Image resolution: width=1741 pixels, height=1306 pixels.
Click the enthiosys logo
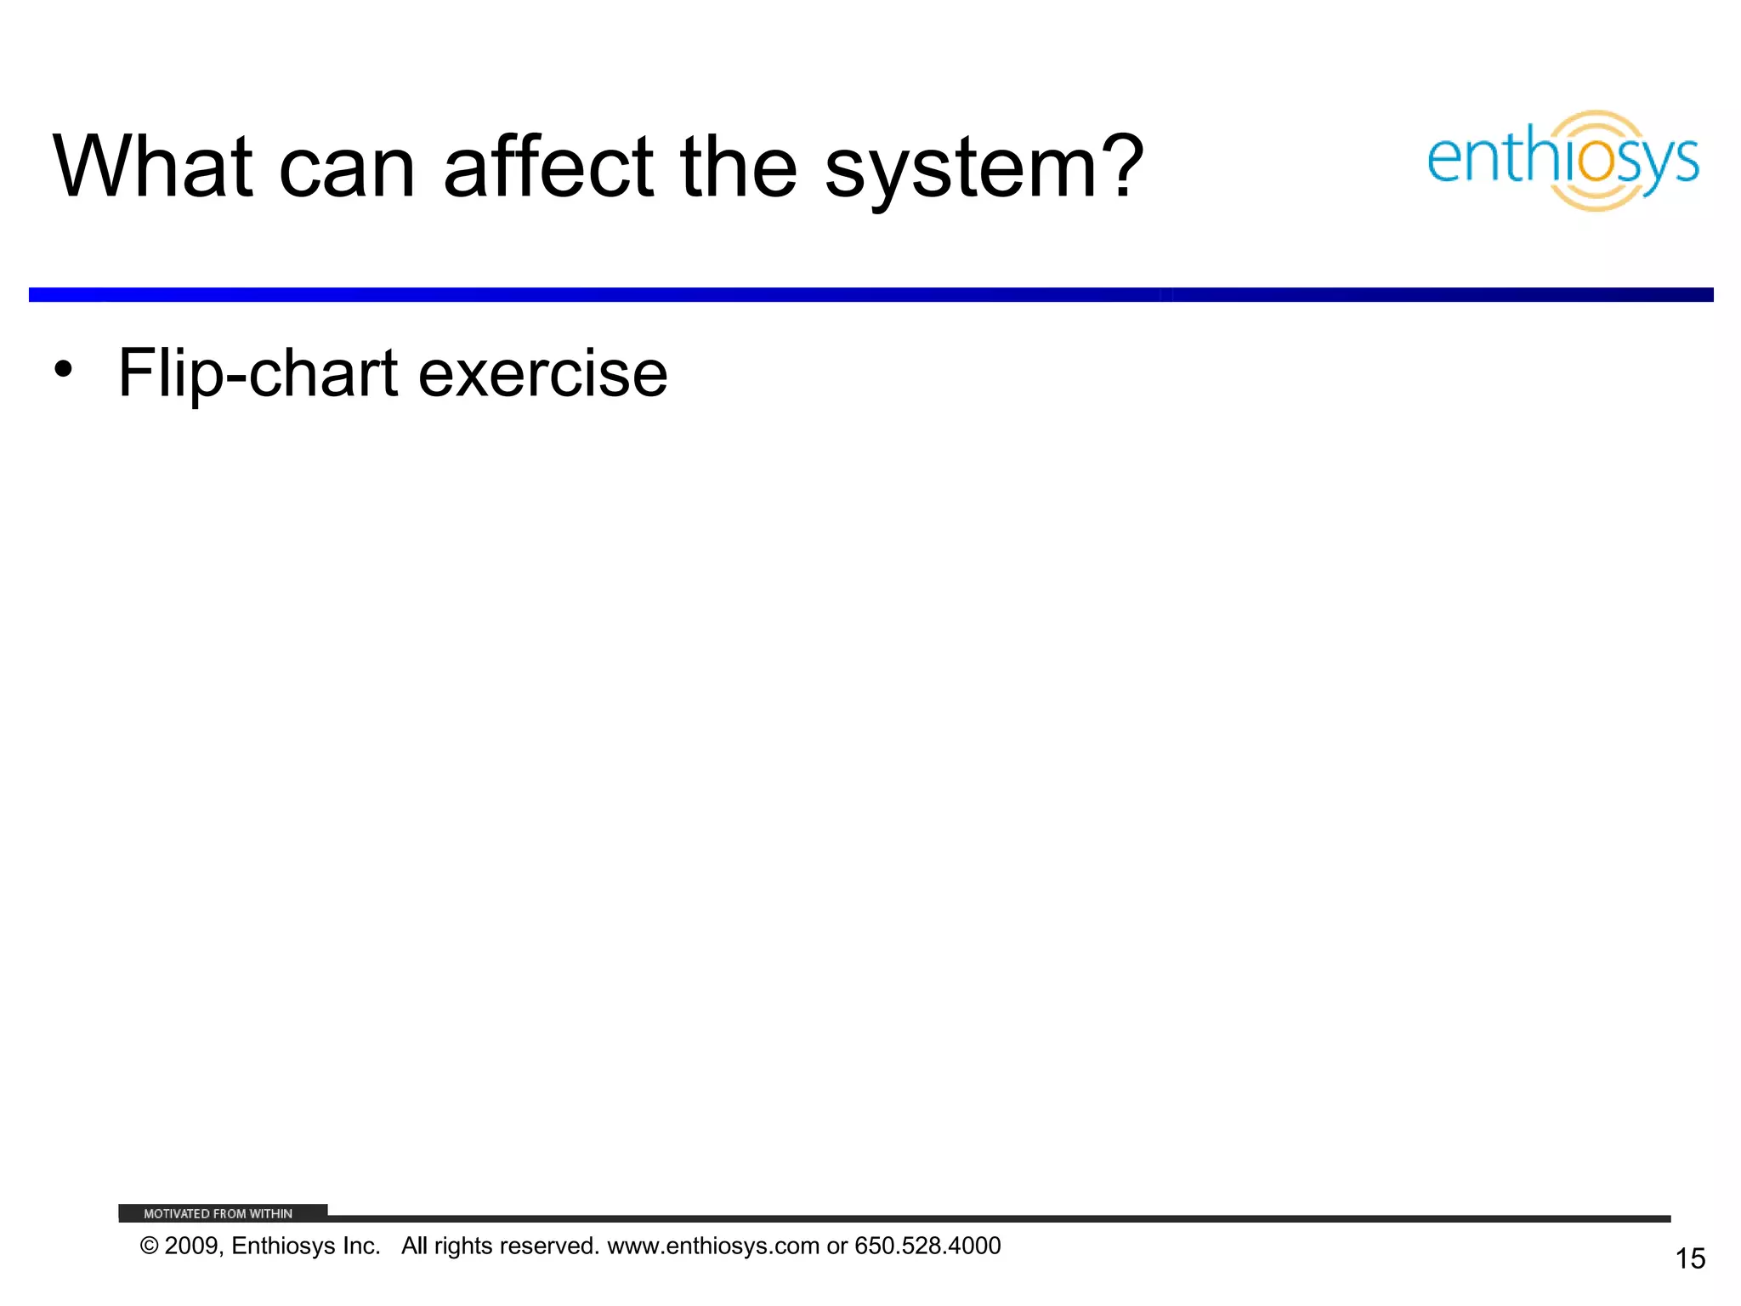[1562, 160]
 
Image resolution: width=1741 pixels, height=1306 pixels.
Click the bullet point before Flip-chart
[63, 371]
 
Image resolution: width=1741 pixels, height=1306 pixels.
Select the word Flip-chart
[258, 374]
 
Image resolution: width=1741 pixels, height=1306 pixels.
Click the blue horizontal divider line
[870, 294]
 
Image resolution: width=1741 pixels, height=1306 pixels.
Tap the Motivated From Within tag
[218, 1213]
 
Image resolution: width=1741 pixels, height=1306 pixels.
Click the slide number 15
[1690, 1258]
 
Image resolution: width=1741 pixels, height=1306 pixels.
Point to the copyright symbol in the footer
[150, 1246]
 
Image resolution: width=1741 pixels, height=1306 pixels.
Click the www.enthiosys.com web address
[712, 1246]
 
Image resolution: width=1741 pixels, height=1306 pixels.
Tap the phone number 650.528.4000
[927, 1246]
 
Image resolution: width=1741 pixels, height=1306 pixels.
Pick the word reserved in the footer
[557, 1246]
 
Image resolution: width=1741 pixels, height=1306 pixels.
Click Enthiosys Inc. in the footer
[305, 1246]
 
